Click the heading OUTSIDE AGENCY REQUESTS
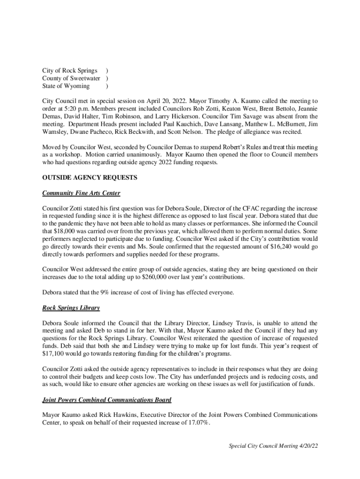coord(89,178)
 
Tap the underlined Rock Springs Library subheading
coord(71,308)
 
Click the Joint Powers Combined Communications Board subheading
coord(107,400)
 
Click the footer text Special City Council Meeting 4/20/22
coord(273,446)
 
